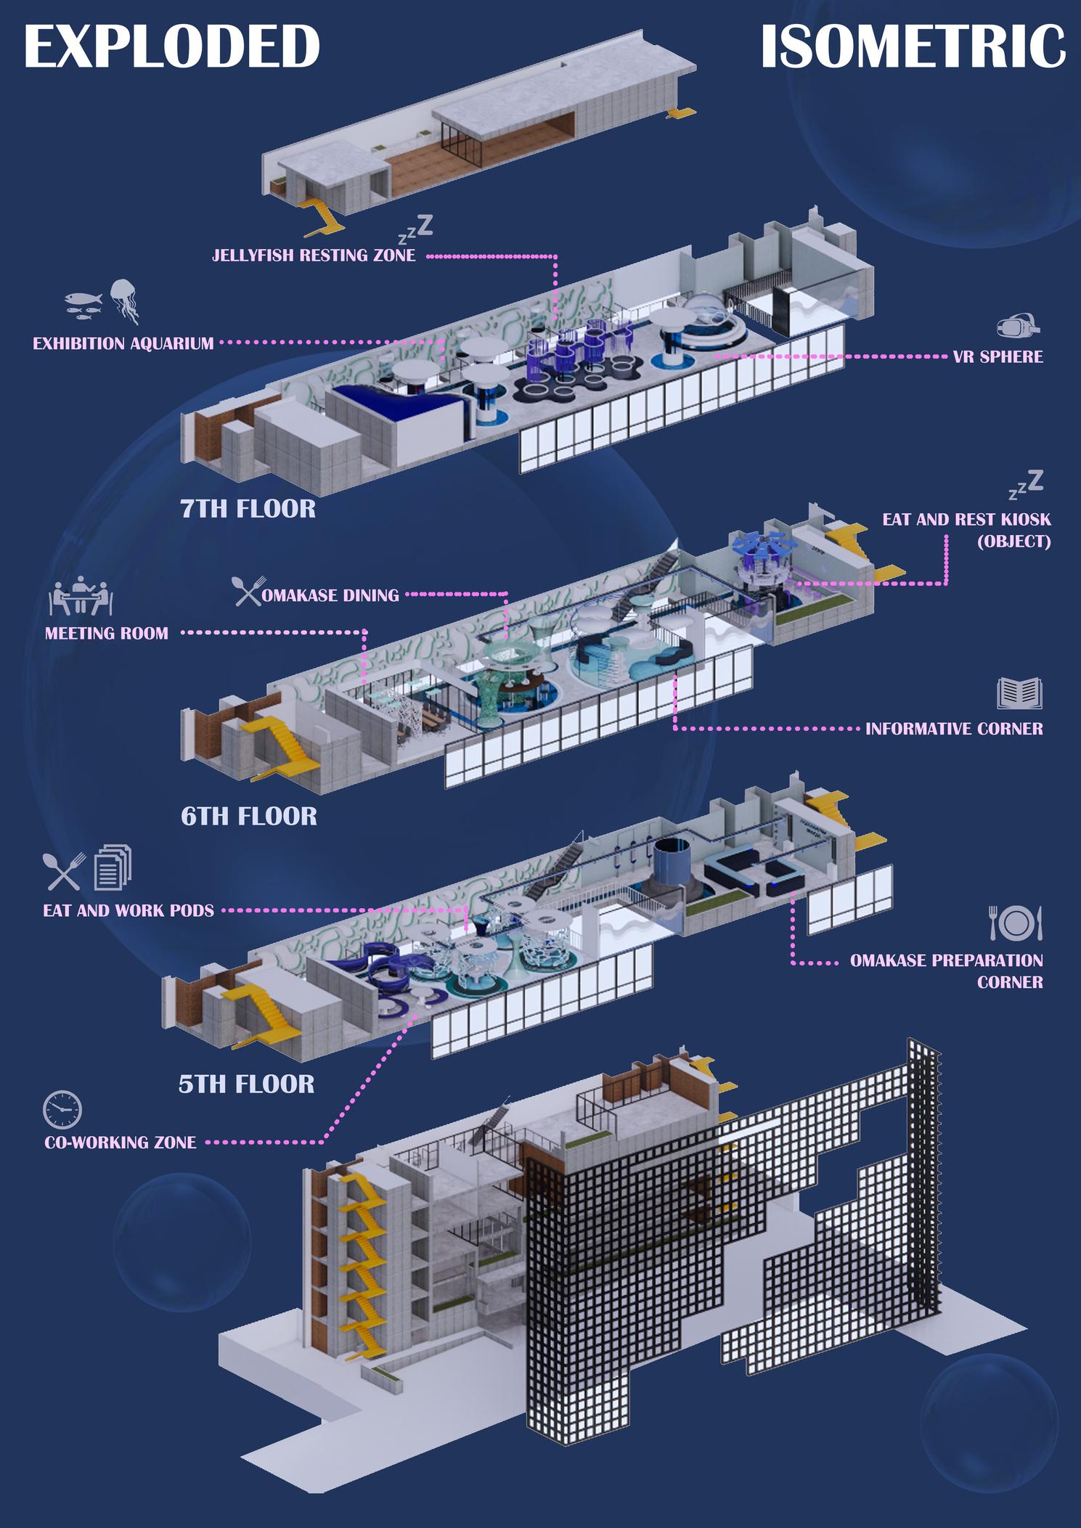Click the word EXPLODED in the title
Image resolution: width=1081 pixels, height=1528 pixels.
coord(172,47)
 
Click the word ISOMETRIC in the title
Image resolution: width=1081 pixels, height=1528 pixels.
coord(913,47)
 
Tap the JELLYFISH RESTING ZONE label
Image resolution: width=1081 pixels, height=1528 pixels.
coord(314,256)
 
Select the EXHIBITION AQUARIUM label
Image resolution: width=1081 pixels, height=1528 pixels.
coord(123,343)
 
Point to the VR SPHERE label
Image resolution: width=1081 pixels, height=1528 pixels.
coord(998,356)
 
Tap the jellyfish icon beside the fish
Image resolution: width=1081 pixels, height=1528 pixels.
coord(125,301)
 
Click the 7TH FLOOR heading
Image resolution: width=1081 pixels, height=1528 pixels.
coord(248,509)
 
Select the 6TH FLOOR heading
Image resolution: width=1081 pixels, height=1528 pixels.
coord(249,817)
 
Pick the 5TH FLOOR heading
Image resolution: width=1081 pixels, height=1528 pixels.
coord(247,1084)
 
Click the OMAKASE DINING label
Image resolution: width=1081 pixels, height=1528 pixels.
coord(330,595)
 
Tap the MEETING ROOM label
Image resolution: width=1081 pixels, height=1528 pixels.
coord(107,633)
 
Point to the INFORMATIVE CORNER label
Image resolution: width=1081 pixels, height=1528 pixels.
coord(954,728)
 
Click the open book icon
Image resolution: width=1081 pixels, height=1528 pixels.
coord(1019,693)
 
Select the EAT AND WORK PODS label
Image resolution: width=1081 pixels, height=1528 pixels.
coord(129,910)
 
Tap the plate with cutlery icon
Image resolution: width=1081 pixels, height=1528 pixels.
coord(1016,923)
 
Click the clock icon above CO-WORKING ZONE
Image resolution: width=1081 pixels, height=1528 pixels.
coord(62,1110)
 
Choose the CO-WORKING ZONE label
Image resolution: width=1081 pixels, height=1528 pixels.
coord(121,1142)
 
